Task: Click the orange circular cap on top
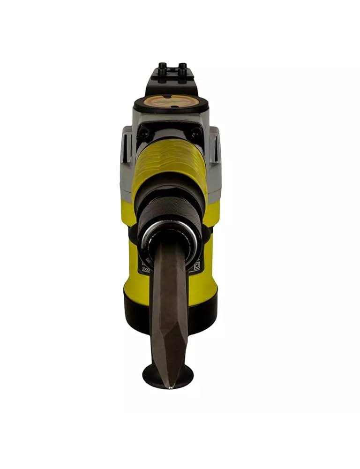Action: [171, 101]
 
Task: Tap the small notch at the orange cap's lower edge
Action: [171, 108]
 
